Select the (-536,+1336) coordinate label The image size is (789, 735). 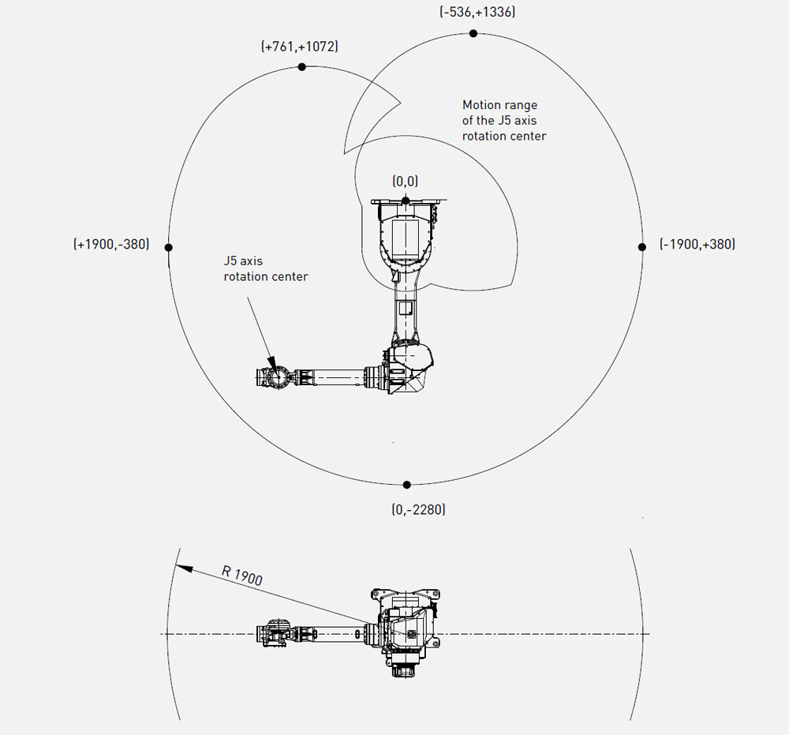point(477,12)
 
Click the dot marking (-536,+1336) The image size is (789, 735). point(473,33)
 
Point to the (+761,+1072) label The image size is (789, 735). point(299,47)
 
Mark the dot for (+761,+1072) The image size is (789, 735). point(302,66)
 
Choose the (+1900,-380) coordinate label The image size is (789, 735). point(111,244)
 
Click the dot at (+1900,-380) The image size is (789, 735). point(169,247)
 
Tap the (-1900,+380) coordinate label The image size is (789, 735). point(697,244)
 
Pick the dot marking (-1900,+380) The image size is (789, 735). point(641,246)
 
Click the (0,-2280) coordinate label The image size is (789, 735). point(419,509)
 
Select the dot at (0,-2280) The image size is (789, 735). point(406,485)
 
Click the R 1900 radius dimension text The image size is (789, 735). point(242,576)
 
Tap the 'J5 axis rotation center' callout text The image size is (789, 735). point(266,268)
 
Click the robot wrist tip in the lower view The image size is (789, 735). point(259,633)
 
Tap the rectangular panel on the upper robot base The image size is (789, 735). point(405,237)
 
